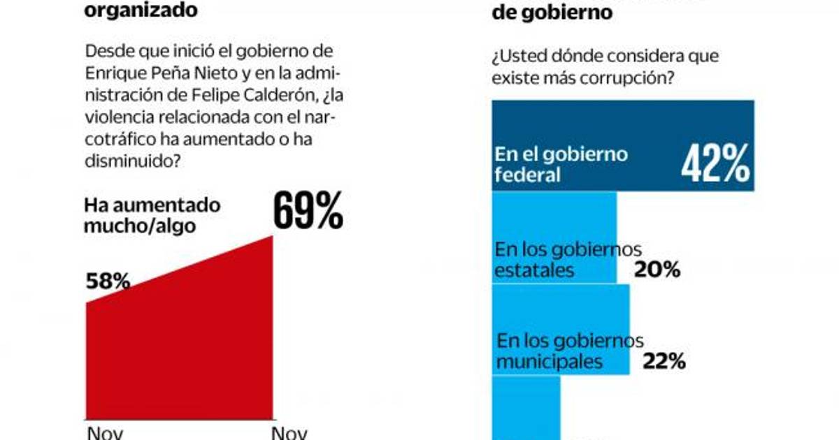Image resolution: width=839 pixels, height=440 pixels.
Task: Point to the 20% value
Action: pyautogui.click(x=657, y=270)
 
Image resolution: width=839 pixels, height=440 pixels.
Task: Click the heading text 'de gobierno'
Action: pyautogui.click(x=552, y=12)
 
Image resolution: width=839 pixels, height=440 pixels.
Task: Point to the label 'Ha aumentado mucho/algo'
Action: pyautogui.click(x=152, y=215)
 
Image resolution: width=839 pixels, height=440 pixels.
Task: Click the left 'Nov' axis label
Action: pyautogui.click(x=105, y=433)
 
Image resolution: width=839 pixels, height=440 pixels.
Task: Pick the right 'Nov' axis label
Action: pyautogui.click(x=289, y=433)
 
